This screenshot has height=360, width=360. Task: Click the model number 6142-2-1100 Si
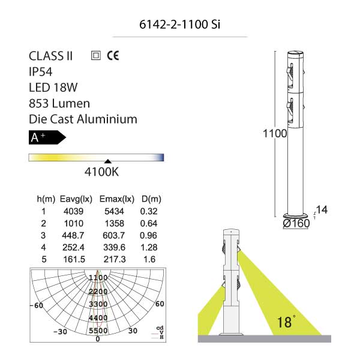pos(179,25)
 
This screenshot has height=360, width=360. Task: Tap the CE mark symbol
pos(113,56)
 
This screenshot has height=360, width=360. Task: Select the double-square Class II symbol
pos(96,56)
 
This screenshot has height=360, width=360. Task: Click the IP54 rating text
pos(41,72)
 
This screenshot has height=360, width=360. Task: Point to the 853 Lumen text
pos(59,103)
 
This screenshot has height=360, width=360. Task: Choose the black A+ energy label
pos(47,137)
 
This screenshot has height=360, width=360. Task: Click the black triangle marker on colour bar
pos(107,161)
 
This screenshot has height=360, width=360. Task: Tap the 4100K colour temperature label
pos(102,172)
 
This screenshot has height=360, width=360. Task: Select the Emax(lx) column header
pos(117,199)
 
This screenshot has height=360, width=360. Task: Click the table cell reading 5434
pos(114,211)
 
